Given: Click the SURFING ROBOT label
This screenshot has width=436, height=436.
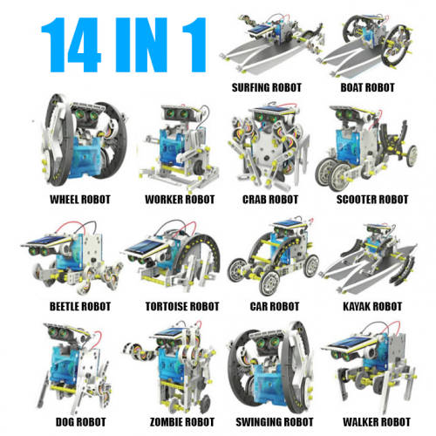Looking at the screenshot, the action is (x=266, y=87).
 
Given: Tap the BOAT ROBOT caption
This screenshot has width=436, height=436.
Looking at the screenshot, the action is (x=367, y=87).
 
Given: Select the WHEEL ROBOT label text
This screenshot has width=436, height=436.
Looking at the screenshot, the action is (x=80, y=200).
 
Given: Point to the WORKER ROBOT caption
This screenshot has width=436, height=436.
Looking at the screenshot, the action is (x=180, y=200).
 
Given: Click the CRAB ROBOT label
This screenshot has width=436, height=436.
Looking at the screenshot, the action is (x=270, y=200).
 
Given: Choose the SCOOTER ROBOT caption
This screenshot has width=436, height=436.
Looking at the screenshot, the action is (x=372, y=200).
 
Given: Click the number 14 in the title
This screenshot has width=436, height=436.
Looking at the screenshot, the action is (x=72, y=44).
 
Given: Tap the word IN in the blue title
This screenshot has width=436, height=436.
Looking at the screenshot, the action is (x=141, y=44).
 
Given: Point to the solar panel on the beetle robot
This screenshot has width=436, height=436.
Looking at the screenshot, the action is (x=46, y=241).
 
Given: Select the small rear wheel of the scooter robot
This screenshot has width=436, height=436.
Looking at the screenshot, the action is (x=412, y=156).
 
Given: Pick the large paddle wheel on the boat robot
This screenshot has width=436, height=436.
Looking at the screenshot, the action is (x=398, y=46).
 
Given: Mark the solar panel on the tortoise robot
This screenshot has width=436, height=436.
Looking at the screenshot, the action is (x=146, y=247).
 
